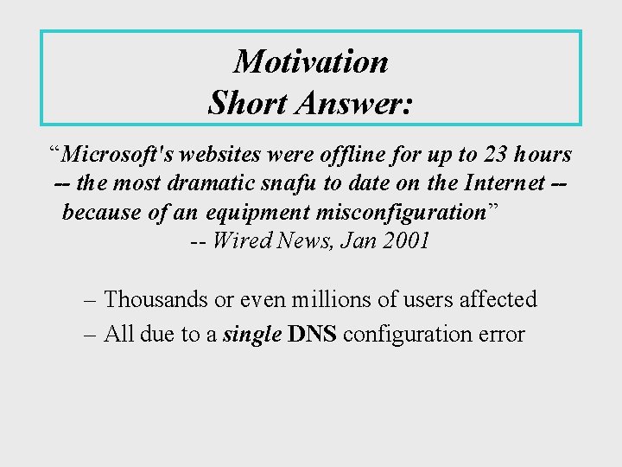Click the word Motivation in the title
pos(311,61)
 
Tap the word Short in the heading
pos(249,104)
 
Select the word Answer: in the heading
pos(354,104)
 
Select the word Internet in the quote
pos(505,183)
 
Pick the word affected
pos(495,300)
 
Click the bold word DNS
pos(313,334)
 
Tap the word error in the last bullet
pos(500,335)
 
